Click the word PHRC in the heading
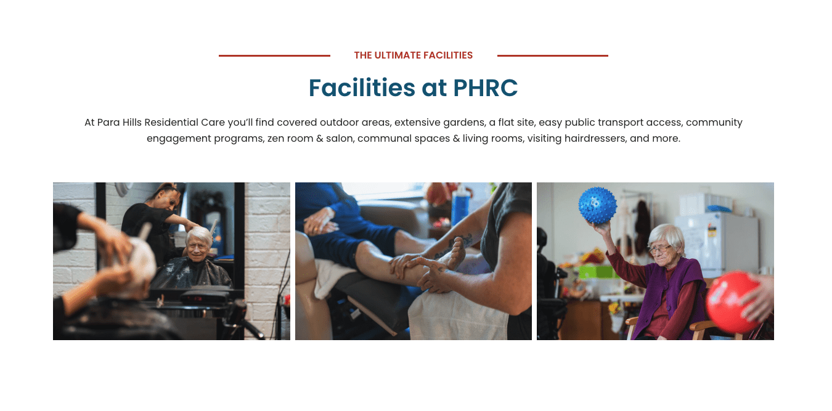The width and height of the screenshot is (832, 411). (485, 88)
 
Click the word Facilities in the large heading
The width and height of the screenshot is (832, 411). (362, 88)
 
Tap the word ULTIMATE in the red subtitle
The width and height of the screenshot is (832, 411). (398, 55)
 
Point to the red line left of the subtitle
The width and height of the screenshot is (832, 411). (274, 55)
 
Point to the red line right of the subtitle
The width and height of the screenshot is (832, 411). (553, 55)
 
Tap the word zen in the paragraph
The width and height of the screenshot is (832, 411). (275, 139)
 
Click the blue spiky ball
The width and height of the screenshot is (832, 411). (597, 205)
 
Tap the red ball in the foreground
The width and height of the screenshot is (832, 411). (732, 302)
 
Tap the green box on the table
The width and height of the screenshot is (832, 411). (597, 272)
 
